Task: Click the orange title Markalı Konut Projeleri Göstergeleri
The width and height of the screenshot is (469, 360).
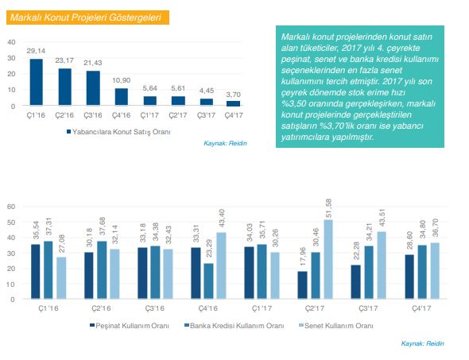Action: [86, 17]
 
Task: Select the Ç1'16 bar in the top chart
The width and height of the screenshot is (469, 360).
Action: [37, 82]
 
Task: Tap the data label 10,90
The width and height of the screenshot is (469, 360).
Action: [121, 80]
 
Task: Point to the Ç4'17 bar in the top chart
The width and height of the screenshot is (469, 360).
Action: [233, 103]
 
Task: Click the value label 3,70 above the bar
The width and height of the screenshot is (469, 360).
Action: [233, 95]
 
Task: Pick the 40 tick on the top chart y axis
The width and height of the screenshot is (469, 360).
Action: [11, 42]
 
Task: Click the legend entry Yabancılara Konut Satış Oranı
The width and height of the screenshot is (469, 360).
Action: [118, 132]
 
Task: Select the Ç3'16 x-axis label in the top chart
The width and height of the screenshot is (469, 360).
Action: [93, 115]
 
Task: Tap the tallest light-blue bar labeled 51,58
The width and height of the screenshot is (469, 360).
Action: [328, 259]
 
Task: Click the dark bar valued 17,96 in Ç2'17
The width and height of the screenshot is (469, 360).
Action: [302, 285]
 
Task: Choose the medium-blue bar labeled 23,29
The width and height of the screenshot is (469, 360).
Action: [209, 281]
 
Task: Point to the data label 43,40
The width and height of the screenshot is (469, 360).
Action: [222, 219]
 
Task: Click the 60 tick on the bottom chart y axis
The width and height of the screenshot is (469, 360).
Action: [11, 207]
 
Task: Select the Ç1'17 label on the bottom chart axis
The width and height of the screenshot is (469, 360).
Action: [262, 308]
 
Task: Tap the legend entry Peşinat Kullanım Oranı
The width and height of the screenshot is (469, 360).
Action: [130, 326]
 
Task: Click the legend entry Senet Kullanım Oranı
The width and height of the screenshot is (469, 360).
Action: [336, 326]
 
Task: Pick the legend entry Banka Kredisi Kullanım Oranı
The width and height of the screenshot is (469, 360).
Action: [234, 326]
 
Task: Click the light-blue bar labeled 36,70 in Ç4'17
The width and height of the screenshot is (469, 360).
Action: [435, 271]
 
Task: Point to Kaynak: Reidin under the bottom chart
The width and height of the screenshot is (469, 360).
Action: [422, 343]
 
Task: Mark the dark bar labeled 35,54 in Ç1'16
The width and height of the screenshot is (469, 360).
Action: [36, 272]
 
